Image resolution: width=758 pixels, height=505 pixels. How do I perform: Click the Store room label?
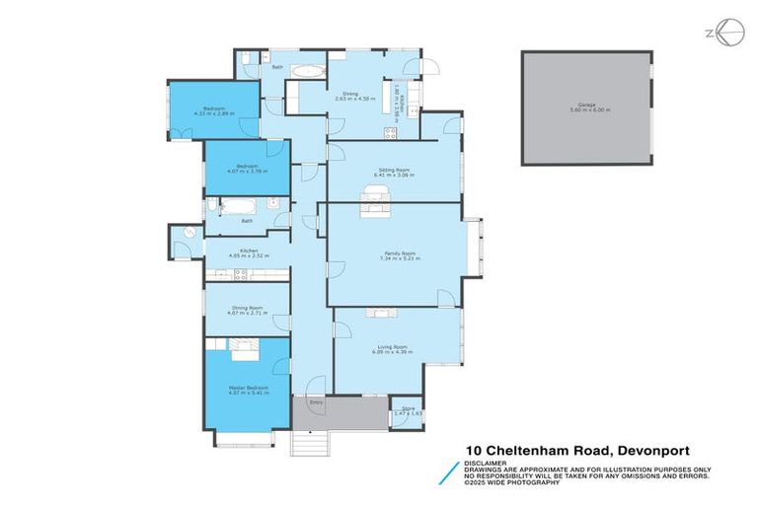pyautogui.click(x=404, y=409)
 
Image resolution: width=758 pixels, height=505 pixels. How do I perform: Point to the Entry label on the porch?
pyautogui.click(x=317, y=403)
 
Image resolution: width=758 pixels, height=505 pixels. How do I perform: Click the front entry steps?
pyautogui.click(x=308, y=444)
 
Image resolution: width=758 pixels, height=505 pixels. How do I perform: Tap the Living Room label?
pyautogui.click(x=392, y=346)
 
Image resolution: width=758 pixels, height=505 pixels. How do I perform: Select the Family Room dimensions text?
pyautogui.click(x=393, y=258)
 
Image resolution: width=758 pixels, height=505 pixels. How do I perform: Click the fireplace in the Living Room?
pyautogui.click(x=380, y=314)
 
